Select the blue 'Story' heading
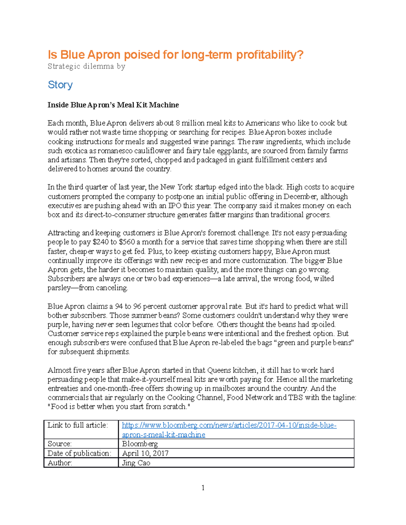click(60, 85)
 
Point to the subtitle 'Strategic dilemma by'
click(86, 66)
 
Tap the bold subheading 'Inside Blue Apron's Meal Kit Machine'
click(113, 105)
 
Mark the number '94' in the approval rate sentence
click(119, 306)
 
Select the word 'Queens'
click(219, 370)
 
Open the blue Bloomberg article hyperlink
click(229, 425)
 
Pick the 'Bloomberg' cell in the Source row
click(140, 444)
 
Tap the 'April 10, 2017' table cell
click(145, 453)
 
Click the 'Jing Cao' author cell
click(136, 463)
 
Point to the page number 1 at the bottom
click(203, 487)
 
